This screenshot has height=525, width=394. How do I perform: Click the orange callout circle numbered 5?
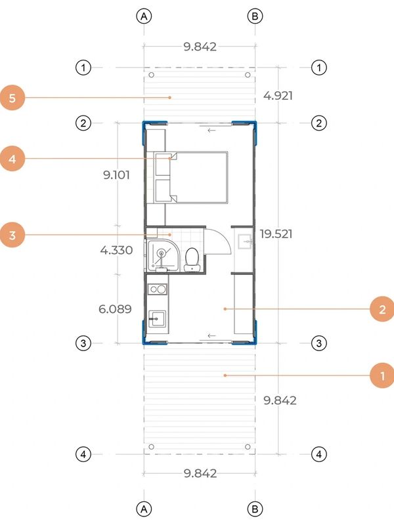click(x=12, y=98)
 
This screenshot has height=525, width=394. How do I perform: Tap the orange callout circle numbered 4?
click(x=12, y=159)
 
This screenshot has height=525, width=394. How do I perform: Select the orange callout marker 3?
click(x=12, y=235)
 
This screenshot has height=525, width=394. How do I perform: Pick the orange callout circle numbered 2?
click(x=382, y=309)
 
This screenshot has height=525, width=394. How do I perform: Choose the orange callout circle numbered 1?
click(x=382, y=375)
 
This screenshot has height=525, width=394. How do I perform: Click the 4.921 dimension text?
click(x=278, y=96)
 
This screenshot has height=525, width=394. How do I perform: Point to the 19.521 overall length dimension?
click(x=276, y=234)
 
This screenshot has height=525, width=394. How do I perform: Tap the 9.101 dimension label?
click(x=116, y=175)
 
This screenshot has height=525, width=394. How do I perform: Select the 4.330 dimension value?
click(x=116, y=250)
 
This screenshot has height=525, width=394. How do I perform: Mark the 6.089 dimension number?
click(x=116, y=308)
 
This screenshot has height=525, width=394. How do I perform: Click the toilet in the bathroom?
click(x=192, y=260)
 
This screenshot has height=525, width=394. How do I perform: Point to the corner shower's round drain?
click(x=162, y=253)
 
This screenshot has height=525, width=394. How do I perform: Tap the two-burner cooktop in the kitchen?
click(x=158, y=289)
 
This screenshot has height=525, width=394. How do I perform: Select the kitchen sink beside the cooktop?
click(x=157, y=319)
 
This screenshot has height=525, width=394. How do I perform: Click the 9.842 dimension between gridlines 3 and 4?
click(x=280, y=400)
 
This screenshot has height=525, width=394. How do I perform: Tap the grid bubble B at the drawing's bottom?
click(x=255, y=509)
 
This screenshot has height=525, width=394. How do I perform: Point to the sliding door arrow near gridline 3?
click(x=211, y=335)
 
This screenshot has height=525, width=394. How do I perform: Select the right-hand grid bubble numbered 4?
click(x=318, y=454)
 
